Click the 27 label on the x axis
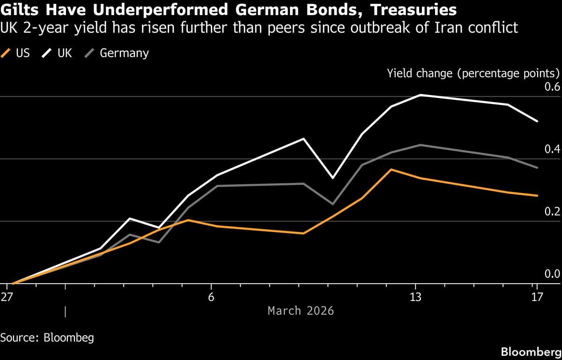tap(7, 297)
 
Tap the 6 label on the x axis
tap(211, 297)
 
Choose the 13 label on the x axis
tap(415, 297)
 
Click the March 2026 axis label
tap(301, 310)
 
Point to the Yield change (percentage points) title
tap(473, 73)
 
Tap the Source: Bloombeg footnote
tap(47, 337)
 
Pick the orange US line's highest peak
tap(391, 169)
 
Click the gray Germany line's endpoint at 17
tap(537, 167)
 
